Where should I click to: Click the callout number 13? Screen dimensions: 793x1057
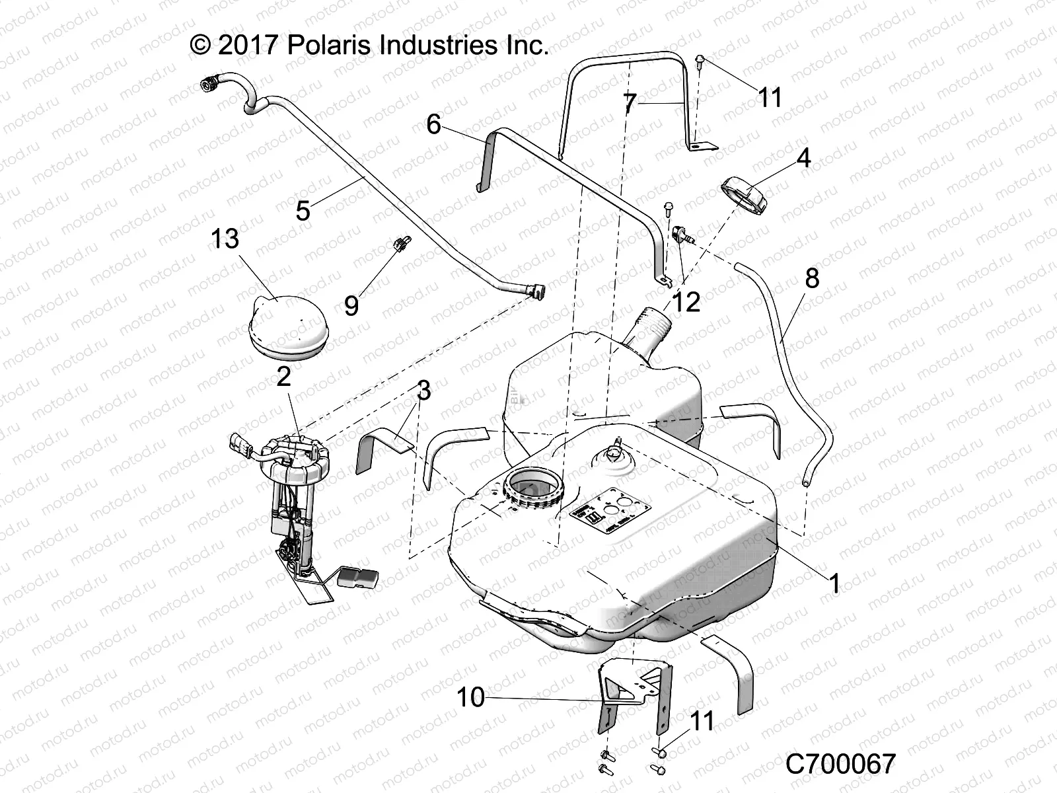tap(225, 239)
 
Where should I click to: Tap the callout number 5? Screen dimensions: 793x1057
tap(303, 211)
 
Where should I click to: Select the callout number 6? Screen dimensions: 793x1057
tap(433, 124)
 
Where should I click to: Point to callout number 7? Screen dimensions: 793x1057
tap(630, 103)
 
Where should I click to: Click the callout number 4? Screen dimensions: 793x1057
tap(785, 159)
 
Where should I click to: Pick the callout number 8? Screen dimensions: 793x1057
tap(812, 278)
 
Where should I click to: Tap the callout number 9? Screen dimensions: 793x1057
tap(351, 305)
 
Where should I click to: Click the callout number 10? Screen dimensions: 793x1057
tap(471, 697)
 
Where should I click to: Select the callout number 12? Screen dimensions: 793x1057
tap(685, 302)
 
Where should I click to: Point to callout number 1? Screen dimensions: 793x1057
tap(834, 584)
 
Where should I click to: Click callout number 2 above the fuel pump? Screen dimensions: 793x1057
tap(283, 377)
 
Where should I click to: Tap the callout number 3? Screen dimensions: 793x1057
tap(423, 391)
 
